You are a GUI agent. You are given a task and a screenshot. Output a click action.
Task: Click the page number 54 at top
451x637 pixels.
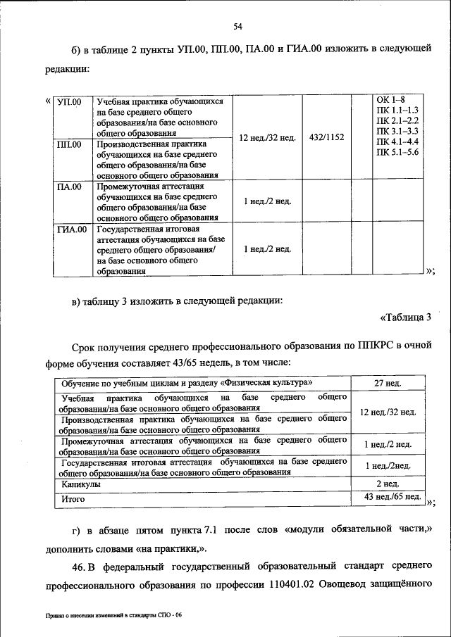tap(237, 27)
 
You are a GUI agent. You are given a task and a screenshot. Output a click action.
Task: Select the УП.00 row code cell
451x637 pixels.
tap(69, 102)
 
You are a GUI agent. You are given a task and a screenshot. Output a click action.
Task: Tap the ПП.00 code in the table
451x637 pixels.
tap(69, 144)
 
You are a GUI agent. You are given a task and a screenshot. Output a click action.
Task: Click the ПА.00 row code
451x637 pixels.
tap(69, 187)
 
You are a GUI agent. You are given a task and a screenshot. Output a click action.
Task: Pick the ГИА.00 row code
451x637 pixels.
tap(71, 229)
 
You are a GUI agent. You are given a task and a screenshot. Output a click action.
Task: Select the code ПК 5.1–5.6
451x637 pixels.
tap(397, 153)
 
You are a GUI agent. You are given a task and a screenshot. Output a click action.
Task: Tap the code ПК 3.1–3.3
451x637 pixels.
tap(397, 132)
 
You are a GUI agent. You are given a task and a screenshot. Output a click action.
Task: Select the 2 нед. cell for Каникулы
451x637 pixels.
tap(388, 485)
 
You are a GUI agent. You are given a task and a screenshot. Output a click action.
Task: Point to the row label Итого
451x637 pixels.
tap(73, 498)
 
